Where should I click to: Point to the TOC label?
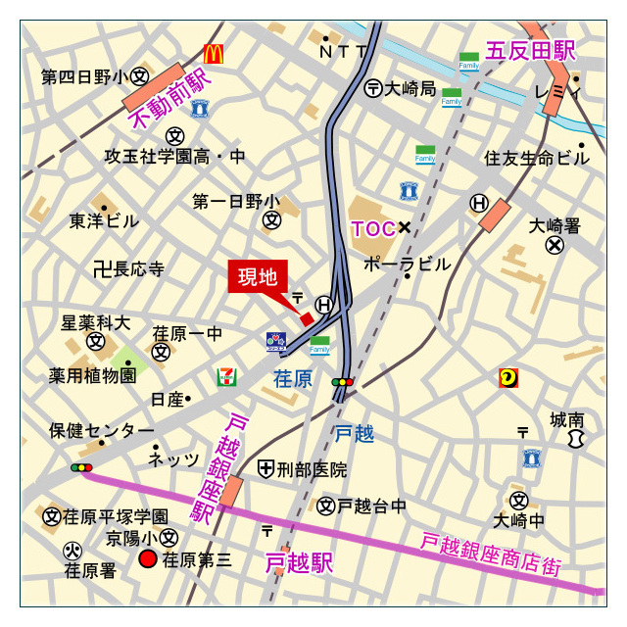(x=372, y=228)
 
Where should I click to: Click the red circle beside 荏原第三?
(x=148, y=559)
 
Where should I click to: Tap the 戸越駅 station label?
(x=299, y=563)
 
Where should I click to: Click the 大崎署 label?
(x=555, y=225)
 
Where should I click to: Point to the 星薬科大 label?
(x=95, y=322)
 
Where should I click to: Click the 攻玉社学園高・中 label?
(x=175, y=157)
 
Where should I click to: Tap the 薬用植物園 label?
(x=93, y=376)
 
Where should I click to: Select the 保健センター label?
(x=102, y=431)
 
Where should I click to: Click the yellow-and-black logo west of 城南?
(x=508, y=377)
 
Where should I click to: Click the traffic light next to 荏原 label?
(x=343, y=381)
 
